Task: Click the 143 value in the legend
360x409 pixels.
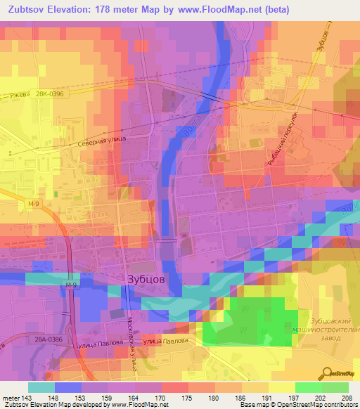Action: point(22,398)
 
